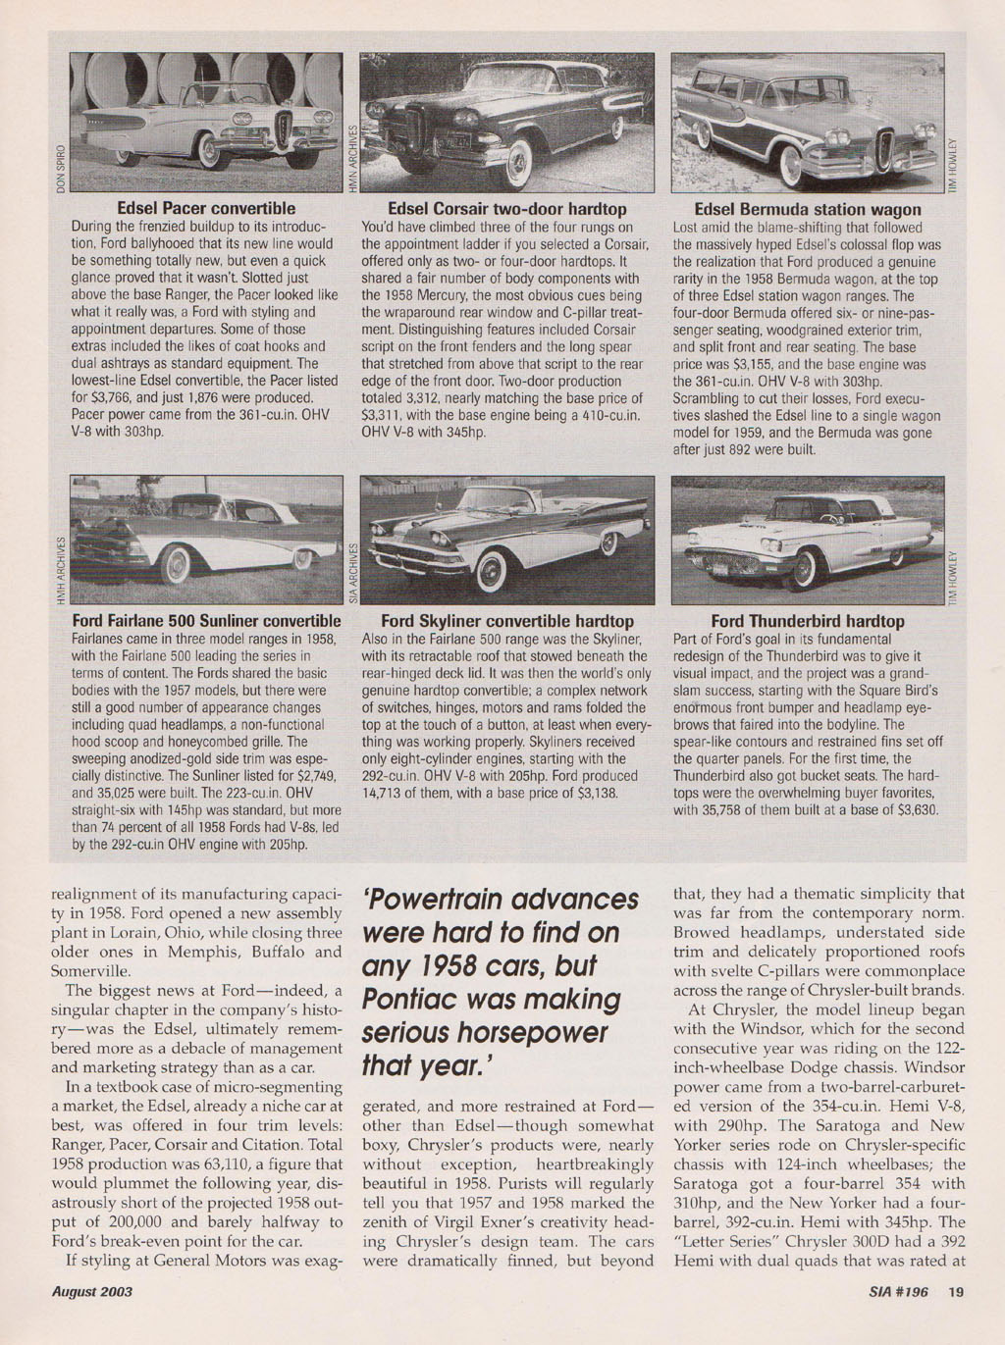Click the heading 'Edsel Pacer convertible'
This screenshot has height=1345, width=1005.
pyautogui.click(x=206, y=208)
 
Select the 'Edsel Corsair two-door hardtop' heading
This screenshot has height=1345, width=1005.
pyautogui.click(x=507, y=208)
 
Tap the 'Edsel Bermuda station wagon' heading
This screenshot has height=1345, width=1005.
pyautogui.click(x=808, y=209)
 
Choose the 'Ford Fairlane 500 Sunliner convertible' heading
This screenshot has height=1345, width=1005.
pyautogui.click(x=206, y=621)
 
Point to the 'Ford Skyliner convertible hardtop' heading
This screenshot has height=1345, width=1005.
pyautogui.click(x=507, y=621)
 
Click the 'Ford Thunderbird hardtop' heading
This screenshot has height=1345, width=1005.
pyautogui.click(x=808, y=621)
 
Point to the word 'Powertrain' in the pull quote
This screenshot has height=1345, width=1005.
pyautogui.click(x=439, y=900)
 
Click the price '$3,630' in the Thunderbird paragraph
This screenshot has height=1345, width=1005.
pyautogui.click(x=918, y=810)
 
